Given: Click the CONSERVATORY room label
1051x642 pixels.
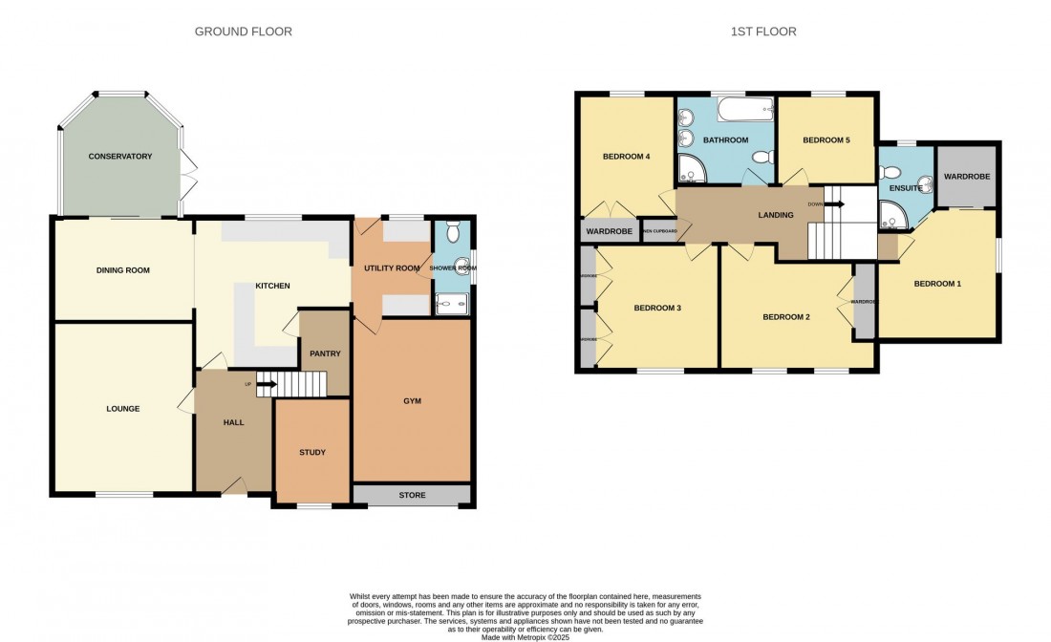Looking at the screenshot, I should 120,156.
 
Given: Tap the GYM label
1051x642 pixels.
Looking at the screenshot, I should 412,402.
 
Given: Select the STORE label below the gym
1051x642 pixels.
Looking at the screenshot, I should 412,495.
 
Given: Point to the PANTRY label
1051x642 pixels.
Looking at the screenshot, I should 325,353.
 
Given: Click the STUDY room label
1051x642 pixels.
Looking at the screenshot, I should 312,452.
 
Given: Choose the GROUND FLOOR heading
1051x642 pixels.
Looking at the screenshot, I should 244,32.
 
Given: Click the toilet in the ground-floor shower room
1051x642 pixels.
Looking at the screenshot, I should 454,232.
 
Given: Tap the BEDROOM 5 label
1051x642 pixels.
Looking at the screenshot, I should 826,140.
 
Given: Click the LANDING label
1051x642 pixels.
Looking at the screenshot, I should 775,215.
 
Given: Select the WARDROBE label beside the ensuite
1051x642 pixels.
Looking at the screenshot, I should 967,177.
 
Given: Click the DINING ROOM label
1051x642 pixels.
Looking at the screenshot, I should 123,270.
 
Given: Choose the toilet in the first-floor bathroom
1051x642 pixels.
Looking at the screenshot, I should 761,157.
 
